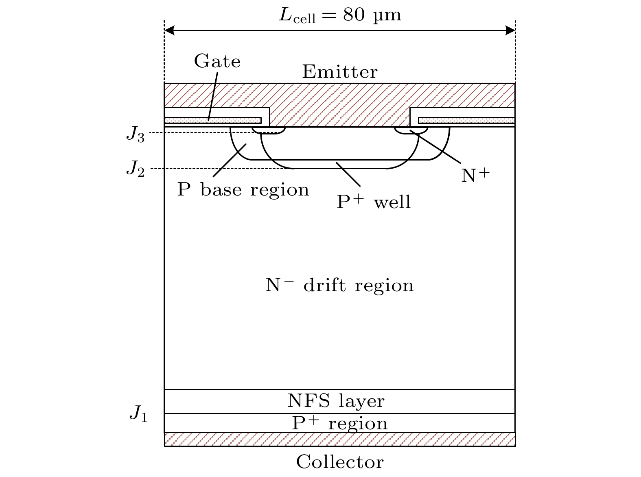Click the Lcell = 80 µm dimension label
[340, 15]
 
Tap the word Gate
[217, 62]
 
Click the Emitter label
[340, 72]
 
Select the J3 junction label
[135, 134]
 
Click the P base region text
[243, 190]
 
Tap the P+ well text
[374, 202]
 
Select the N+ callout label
[475, 175]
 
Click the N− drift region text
[339, 285]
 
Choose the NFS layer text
[336, 401]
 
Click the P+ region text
[340, 423]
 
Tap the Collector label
[340, 462]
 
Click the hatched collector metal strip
[340, 440]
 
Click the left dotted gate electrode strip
[212, 120]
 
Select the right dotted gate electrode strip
[466, 120]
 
